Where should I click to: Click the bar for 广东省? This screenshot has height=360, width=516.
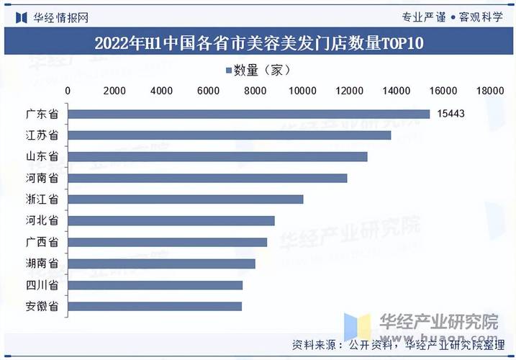click(x=249, y=114)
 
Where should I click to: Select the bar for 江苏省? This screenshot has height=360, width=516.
click(x=230, y=135)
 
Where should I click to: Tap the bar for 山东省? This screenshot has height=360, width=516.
click(x=218, y=156)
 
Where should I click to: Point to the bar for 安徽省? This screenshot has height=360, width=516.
click(x=155, y=307)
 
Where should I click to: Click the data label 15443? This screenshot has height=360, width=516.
click(x=451, y=114)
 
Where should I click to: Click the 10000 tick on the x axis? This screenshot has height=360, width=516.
click(x=302, y=91)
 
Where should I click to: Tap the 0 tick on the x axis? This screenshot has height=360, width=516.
click(x=68, y=91)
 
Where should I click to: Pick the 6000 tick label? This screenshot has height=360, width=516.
click(x=208, y=91)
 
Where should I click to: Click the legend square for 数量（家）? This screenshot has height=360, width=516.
click(x=228, y=71)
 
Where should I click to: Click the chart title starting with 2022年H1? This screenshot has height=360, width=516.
click(x=258, y=42)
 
